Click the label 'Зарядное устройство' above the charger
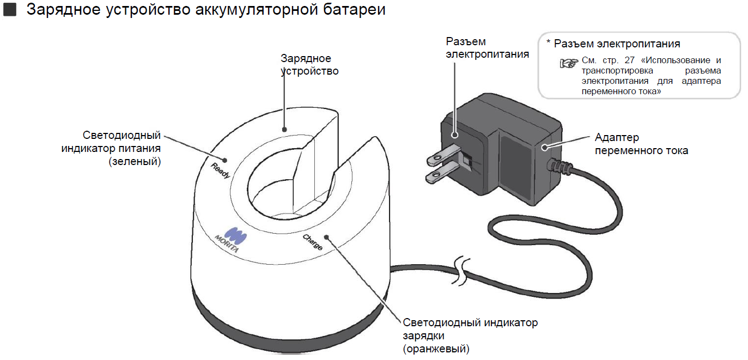pos(309,64)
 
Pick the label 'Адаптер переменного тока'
pos(641,144)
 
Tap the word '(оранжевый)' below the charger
pos(436,349)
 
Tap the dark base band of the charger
pos(289,327)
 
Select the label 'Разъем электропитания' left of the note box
pos(487,47)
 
